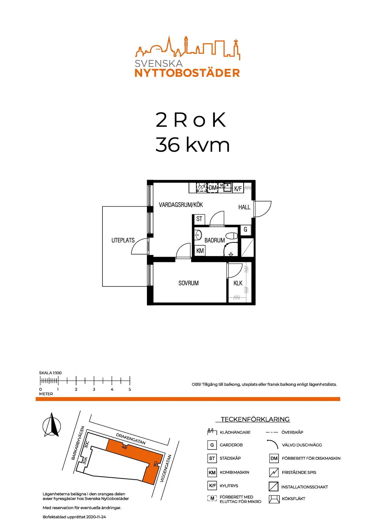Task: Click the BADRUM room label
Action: [214, 240]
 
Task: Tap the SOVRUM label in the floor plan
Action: [188, 283]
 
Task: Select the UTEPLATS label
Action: [123, 240]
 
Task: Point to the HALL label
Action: [244, 207]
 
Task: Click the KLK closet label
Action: [238, 283]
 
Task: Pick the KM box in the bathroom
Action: [200, 251]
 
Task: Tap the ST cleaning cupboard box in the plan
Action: [199, 219]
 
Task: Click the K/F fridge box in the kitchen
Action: [238, 188]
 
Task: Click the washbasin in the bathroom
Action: [198, 235]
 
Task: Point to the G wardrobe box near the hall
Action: [245, 229]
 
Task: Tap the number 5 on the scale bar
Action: [130, 389]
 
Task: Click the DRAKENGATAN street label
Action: [131, 439]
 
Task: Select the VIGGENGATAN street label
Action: [165, 468]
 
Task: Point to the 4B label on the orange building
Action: [124, 447]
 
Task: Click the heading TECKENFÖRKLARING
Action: [255, 419]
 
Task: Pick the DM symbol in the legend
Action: [274, 459]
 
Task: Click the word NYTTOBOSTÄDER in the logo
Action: [187, 73]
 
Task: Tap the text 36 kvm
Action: [192, 145]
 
